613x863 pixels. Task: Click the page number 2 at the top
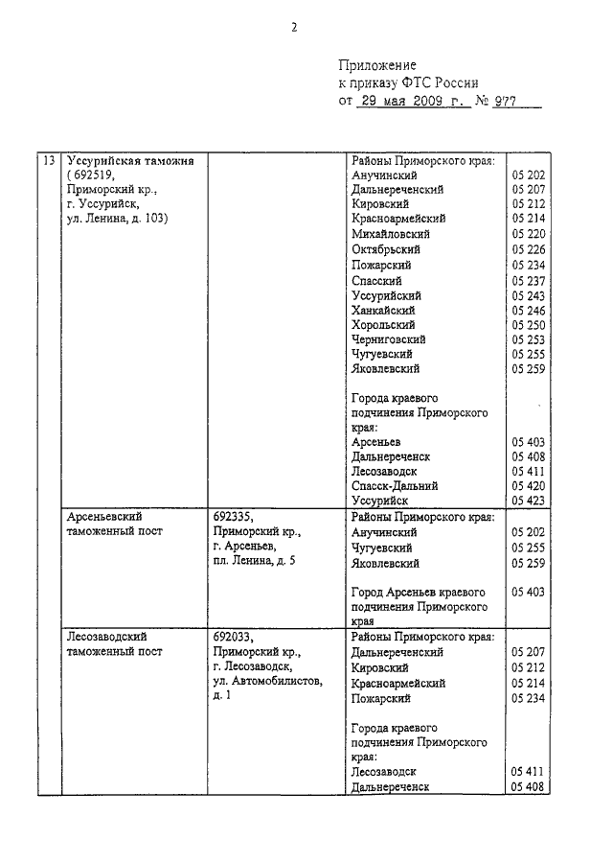pyautogui.click(x=295, y=28)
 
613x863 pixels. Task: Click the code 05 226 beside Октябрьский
pyautogui.click(x=529, y=249)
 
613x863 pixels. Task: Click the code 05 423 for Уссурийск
pyautogui.click(x=529, y=501)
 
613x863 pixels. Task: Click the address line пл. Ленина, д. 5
pyautogui.click(x=255, y=560)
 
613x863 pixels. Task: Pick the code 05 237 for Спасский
pyautogui.click(x=529, y=280)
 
